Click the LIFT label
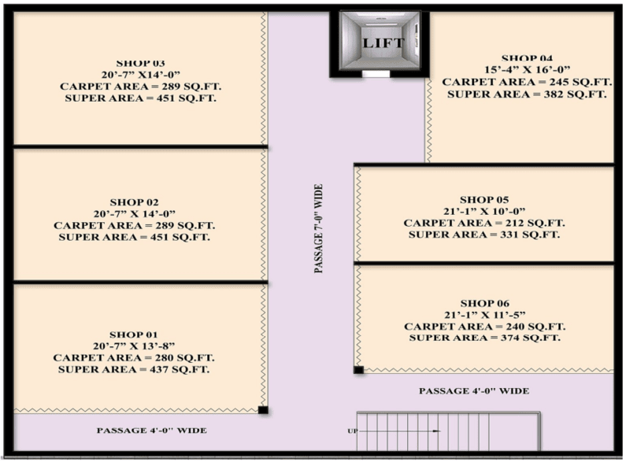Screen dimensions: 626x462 [x=383, y=43]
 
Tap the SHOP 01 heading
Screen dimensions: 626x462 [x=134, y=334]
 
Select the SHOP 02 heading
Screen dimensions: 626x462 [x=134, y=202]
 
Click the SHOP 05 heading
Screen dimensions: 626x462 [x=484, y=199]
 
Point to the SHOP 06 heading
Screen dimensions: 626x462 [x=485, y=303]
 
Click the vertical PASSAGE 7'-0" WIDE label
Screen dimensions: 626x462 [x=318, y=228]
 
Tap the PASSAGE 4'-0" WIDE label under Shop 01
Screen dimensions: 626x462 [x=152, y=431]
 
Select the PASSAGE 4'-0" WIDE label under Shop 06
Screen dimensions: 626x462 [x=474, y=391]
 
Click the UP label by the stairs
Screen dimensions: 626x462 [x=352, y=431]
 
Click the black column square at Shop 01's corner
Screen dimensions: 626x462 [x=263, y=410]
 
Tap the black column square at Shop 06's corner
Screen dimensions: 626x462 [x=358, y=370]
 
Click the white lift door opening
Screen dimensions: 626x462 [x=376, y=74]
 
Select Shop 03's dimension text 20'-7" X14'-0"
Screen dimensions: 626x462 [x=141, y=75]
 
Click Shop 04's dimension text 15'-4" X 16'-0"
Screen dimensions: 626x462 [x=527, y=70]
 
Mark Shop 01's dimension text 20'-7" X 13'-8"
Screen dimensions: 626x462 [x=134, y=346]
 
